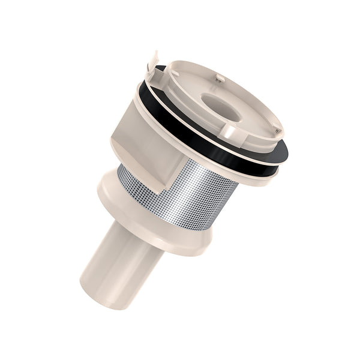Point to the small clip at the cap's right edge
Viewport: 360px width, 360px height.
[x=276, y=127]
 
